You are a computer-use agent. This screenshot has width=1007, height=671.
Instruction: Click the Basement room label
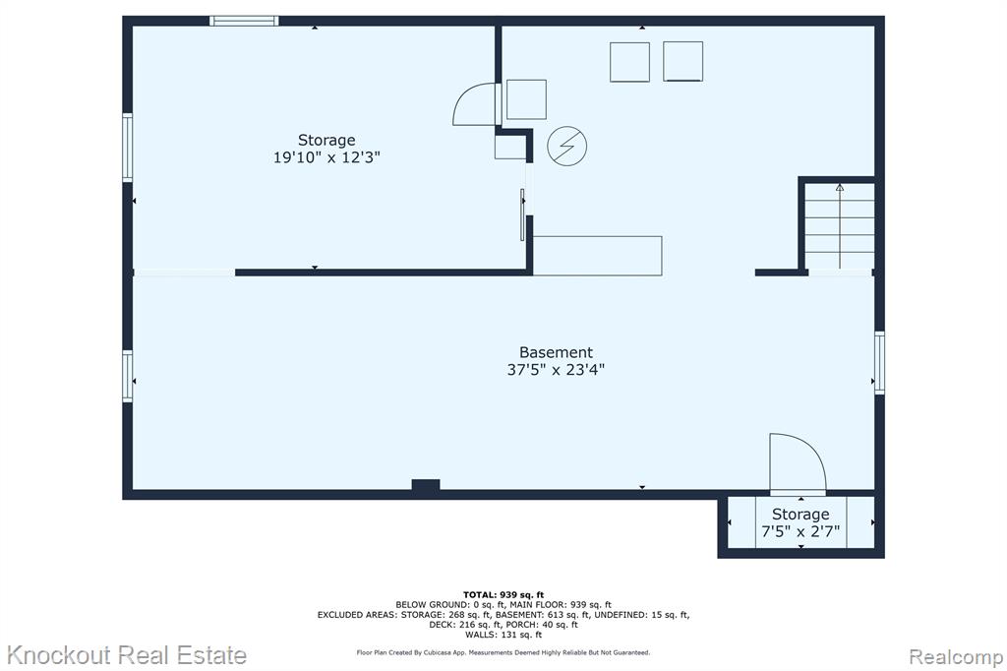tap(556, 352)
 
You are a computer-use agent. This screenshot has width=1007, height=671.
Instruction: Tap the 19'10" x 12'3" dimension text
tap(326, 157)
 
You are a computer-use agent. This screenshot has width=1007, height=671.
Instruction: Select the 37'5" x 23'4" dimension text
tap(556, 370)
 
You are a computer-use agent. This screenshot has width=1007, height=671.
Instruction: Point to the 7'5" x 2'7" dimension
tap(800, 531)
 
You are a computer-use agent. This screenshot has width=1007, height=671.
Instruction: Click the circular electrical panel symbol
tap(567, 146)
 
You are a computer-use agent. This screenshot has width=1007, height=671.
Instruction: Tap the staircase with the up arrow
tap(840, 225)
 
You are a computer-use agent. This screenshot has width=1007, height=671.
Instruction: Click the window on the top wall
tap(244, 21)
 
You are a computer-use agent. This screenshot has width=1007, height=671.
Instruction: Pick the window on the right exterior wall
tap(879, 362)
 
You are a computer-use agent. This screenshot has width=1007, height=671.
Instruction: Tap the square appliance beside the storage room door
tap(526, 99)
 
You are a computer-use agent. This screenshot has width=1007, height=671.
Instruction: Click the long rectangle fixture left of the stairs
tap(597, 256)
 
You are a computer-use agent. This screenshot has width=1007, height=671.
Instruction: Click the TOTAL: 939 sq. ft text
tap(503, 595)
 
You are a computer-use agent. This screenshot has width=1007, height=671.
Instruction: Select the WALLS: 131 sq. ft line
tap(503, 635)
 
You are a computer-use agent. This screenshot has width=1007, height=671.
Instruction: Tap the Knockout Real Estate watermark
tap(127, 655)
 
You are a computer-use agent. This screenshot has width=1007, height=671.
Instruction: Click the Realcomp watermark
tap(956, 656)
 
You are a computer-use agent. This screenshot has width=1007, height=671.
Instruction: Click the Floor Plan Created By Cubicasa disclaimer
tap(503, 652)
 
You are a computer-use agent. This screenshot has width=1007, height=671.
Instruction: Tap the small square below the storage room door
tap(510, 147)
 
